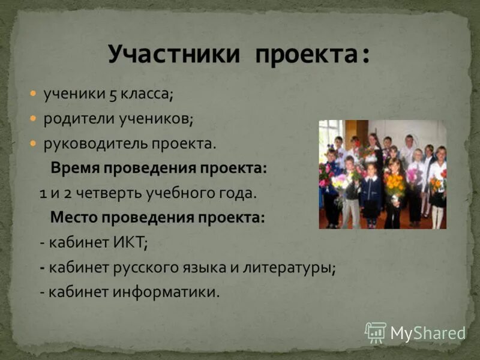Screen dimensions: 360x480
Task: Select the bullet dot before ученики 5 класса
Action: tap(34, 94)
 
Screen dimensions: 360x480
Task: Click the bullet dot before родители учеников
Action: tap(34, 119)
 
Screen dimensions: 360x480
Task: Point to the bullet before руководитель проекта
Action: tap(34, 143)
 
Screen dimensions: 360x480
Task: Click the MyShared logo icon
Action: tap(376, 332)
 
